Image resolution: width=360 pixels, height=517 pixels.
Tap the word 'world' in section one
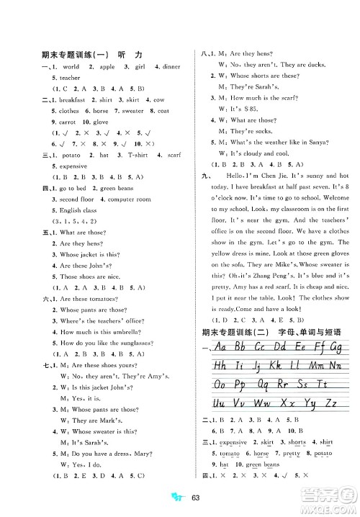(73, 66)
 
